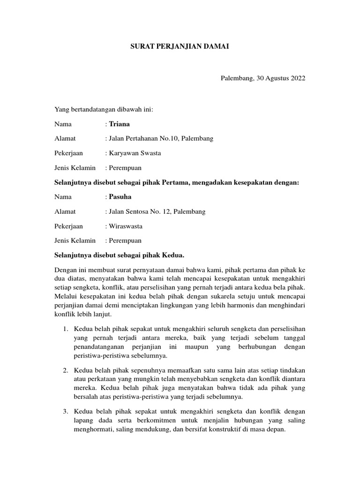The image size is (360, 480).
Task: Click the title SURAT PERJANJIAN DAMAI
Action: tap(180, 47)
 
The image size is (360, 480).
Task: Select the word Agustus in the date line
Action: tap(269, 78)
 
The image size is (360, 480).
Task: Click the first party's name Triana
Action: tap(119, 124)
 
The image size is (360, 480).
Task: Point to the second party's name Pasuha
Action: tap(120, 197)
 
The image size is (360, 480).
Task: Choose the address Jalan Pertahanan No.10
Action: tap(143, 139)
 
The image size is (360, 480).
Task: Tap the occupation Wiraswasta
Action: tap(126, 226)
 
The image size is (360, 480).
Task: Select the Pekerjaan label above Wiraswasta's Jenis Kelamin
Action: tap(68, 226)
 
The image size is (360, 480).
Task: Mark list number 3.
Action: tap(66, 411)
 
